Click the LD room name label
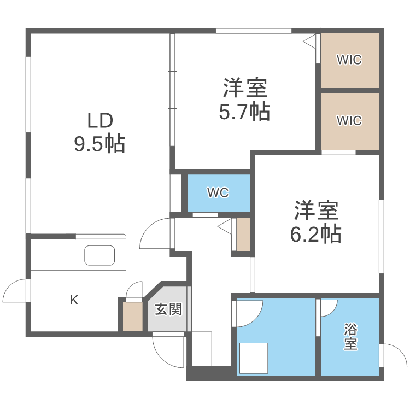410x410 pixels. [99, 120]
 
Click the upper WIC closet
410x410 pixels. [349, 60]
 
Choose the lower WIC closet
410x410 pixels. [349, 120]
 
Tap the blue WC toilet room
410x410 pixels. [218, 193]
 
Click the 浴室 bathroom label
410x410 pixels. [350, 337]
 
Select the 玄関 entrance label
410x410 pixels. [168, 309]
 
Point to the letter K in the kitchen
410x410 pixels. [73, 300]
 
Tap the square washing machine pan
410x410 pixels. [253, 358]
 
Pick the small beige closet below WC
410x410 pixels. [243, 235]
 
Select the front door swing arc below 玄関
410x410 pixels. [168, 350]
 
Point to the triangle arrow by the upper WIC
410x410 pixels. [309, 40]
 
